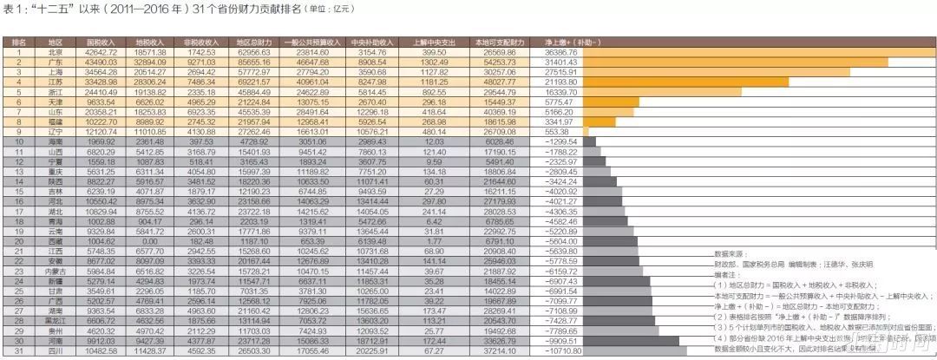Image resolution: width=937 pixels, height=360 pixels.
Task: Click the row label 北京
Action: pos(55,52)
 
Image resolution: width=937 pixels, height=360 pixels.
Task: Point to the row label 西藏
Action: pos(55,241)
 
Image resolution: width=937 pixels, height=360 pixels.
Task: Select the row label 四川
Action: pos(55,350)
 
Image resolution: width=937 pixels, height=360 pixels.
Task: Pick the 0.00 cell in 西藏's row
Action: pos(151,241)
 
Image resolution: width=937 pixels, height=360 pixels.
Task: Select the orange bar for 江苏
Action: pos(685,82)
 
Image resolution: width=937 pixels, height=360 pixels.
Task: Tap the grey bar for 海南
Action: pos(590,141)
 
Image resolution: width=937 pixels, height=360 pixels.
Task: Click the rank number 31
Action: pos(20,350)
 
